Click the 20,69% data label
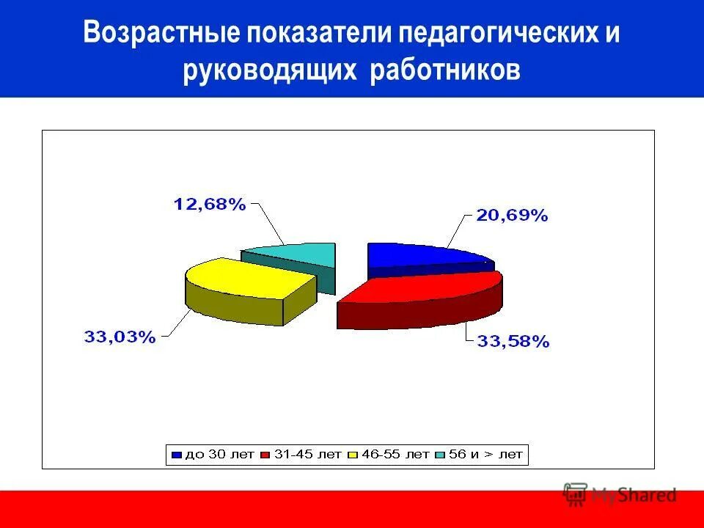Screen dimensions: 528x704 (x=512, y=215)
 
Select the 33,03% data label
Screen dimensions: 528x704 (x=120, y=337)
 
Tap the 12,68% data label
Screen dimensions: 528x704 (x=209, y=205)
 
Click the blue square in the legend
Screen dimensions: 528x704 (x=176, y=455)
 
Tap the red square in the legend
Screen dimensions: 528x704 (x=265, y=455)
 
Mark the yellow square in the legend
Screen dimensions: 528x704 (x=352, y=455)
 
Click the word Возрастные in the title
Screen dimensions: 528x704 (x=162, y=35)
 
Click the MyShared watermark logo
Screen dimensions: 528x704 (x=620, y=495)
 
